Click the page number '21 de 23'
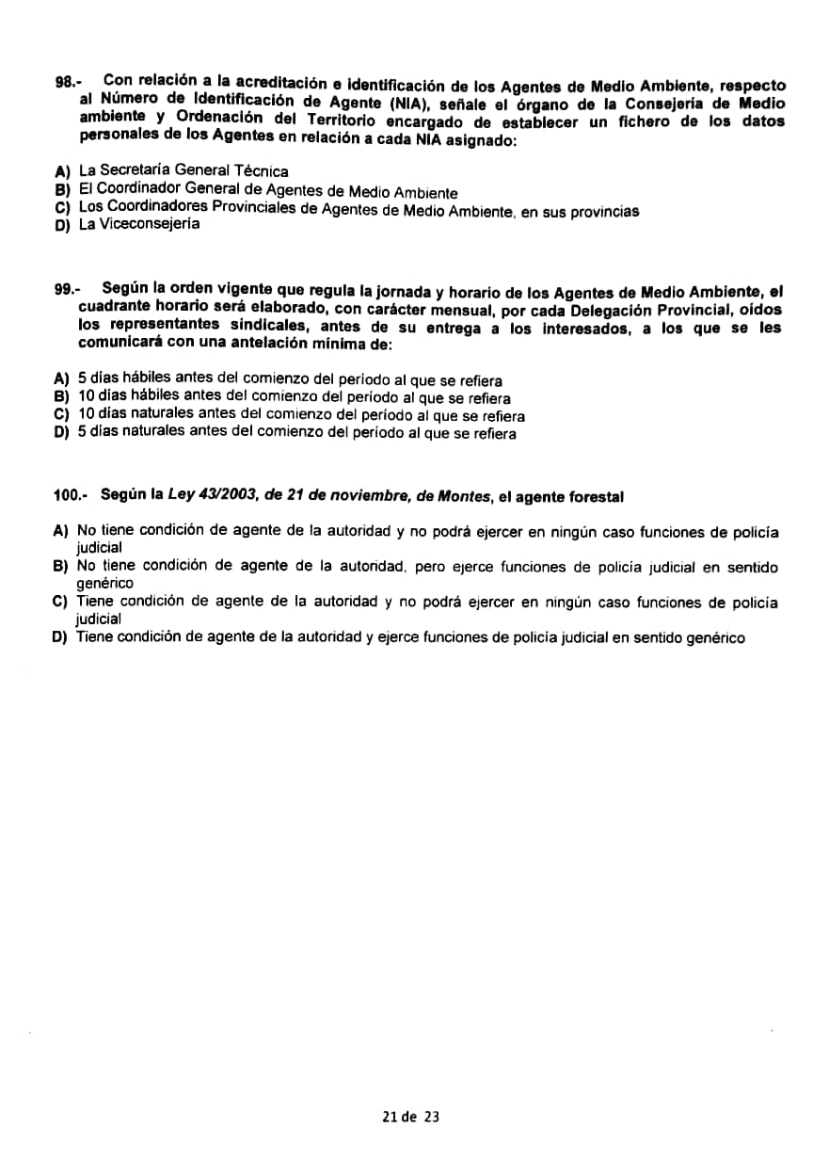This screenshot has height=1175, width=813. (x=411, y=1117)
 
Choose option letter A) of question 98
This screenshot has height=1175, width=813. (x=62, y=171)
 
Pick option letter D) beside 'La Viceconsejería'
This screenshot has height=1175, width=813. (x=62, y=226)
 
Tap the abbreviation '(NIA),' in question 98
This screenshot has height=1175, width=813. (x=403, y=102)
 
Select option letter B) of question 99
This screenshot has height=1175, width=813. (x=62, y=398)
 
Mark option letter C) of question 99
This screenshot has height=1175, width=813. (x=62, y=415)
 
